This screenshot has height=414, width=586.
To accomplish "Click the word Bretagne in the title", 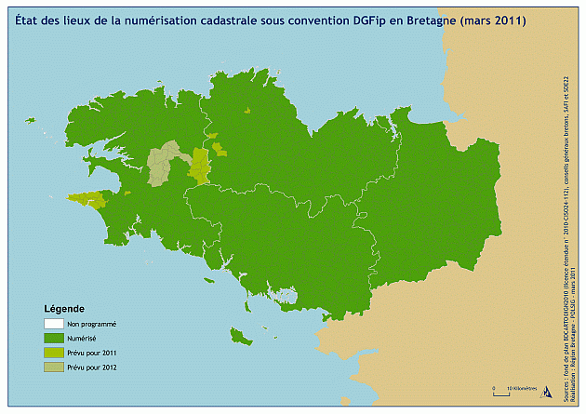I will coord(436,20).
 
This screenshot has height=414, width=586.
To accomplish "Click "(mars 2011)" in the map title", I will coord(495,20).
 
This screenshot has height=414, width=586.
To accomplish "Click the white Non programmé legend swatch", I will coord(53,324).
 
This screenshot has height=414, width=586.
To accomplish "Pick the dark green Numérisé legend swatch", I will coord(53,338).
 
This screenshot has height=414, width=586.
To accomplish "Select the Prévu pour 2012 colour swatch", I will coord(53,368).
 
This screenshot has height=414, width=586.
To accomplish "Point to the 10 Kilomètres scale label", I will coord(521,386).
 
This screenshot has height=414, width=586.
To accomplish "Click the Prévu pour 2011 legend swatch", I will coord(53,354).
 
